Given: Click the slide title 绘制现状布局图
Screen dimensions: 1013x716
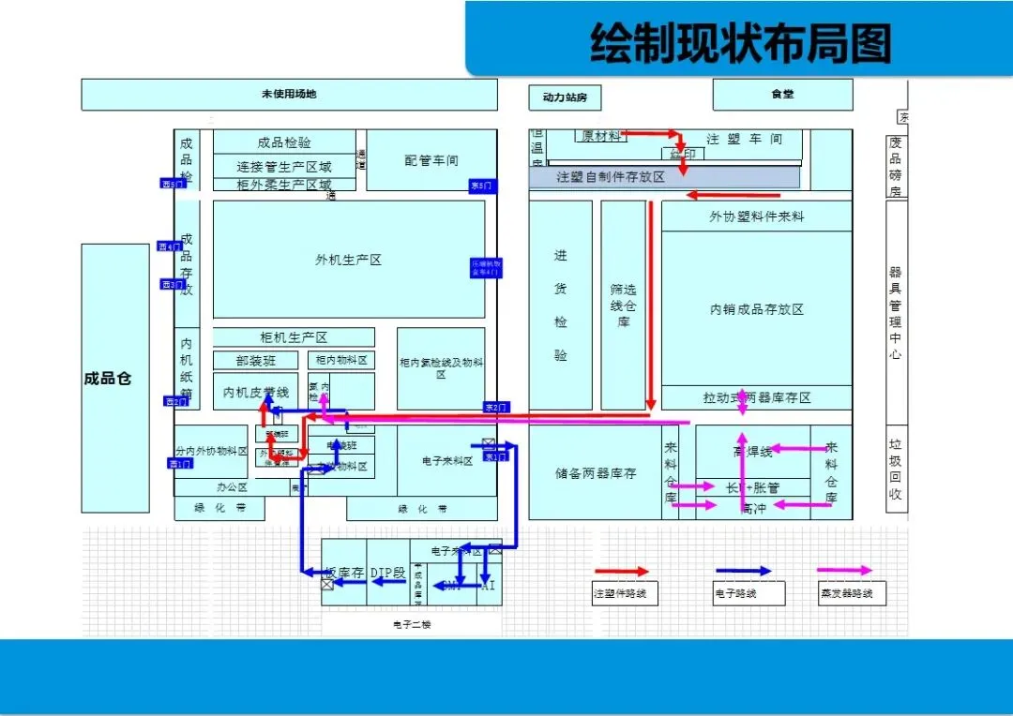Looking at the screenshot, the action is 739,43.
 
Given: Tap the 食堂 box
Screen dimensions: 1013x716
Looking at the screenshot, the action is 782,95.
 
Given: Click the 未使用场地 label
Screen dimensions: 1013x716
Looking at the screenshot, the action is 289,95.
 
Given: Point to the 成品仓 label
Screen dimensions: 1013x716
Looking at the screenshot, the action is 108,379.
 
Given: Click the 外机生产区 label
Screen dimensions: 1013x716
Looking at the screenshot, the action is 349,260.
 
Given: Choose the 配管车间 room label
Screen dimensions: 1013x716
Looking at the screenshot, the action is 431,160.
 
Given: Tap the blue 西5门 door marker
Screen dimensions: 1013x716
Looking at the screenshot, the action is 173,184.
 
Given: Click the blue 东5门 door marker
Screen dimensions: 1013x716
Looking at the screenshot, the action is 482,186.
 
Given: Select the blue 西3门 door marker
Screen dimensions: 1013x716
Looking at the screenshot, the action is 173,284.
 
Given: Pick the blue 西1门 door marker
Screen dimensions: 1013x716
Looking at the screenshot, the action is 180,464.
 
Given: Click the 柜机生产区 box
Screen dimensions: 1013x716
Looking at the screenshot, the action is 294,337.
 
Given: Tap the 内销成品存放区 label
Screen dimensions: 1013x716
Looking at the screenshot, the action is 756,309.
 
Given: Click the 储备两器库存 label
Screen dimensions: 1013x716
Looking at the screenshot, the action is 596,473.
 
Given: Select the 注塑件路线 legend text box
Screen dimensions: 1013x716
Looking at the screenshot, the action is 626,593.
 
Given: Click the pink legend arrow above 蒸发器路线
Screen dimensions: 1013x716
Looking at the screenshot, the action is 844,571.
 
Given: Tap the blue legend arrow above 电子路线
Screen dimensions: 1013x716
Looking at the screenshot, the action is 743,571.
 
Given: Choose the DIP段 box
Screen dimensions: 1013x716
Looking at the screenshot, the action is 387,573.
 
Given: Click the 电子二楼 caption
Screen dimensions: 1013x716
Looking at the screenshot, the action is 411,623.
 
